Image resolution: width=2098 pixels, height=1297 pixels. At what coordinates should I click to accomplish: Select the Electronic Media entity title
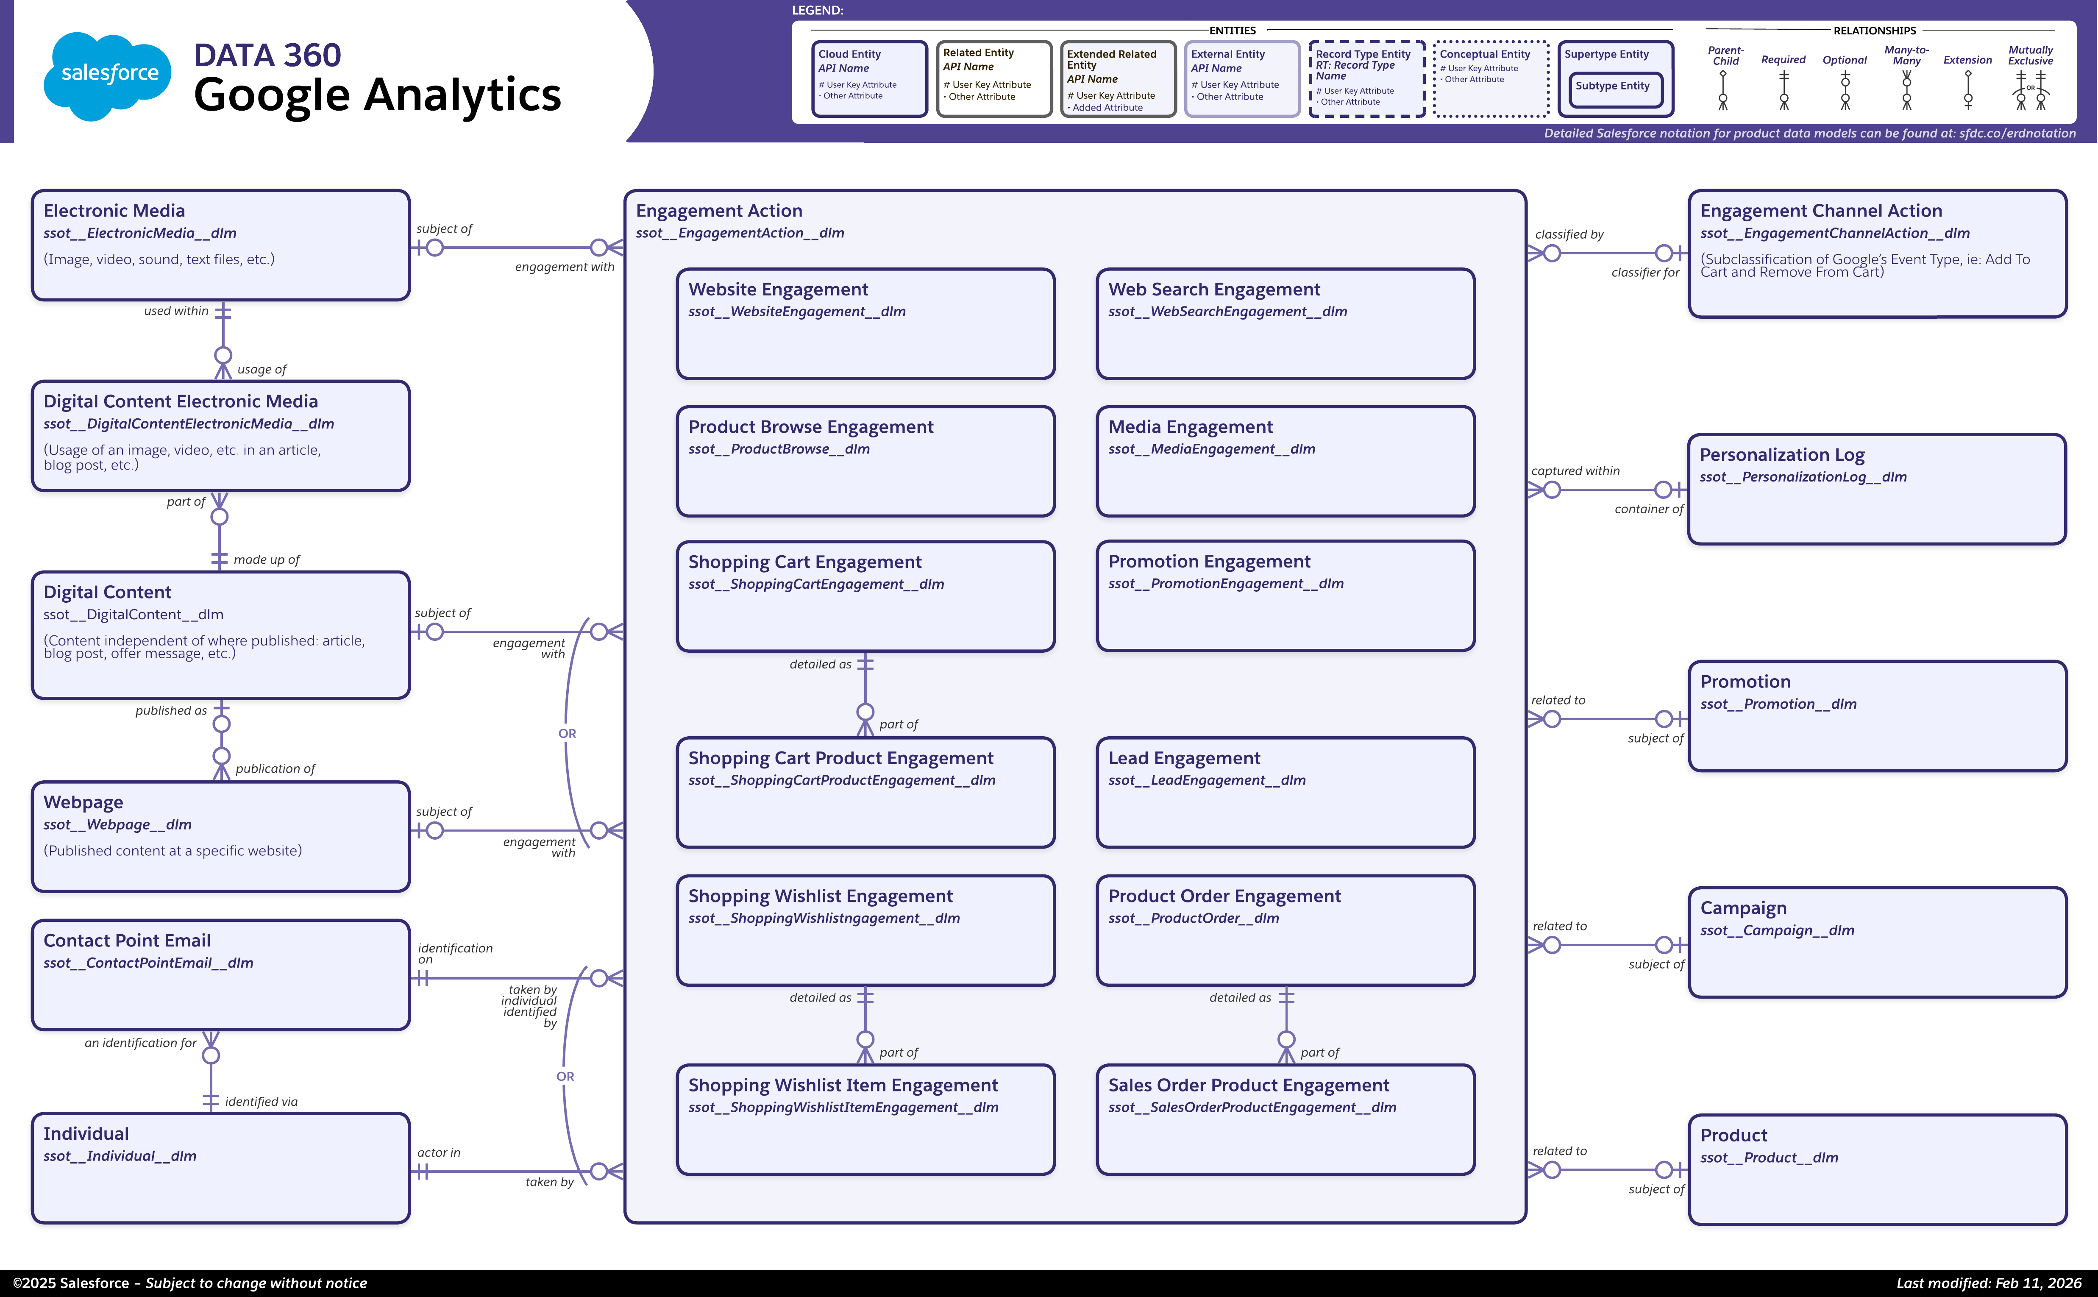(x=114, y=211)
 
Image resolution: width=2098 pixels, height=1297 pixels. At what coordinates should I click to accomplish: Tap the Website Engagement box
(x=865, y=324)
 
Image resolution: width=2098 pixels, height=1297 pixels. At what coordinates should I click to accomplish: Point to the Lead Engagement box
(x=1285, y=793)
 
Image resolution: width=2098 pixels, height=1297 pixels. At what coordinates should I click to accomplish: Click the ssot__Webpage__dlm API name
(x=117, y=824)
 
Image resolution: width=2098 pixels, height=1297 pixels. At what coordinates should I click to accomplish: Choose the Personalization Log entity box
(x=1877, y=489)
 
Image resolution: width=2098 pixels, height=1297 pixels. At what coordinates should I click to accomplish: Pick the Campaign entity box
(x=1877, y=942)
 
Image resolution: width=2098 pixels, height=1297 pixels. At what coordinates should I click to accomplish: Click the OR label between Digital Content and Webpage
(x=567, y=733)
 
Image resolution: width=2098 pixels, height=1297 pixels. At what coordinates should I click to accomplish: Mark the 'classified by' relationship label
(x=1569, y=234)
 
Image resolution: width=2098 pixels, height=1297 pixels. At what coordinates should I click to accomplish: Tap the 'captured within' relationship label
(x=1575, y=471)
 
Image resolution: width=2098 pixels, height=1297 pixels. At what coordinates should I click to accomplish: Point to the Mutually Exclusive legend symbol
(x=2030, y=89)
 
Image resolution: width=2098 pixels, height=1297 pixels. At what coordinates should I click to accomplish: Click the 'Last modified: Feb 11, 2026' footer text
(x=1988, y=1283)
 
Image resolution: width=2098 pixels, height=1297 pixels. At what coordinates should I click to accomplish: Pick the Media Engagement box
(x=1285, y=462)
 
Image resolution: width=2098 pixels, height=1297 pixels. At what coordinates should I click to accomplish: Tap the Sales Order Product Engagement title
(x=1248, y=1085)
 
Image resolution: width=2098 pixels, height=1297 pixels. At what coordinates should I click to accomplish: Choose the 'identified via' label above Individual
(x=261, y=1102)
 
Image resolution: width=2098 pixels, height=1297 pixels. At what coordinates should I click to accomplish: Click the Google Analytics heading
(x=377, y=95)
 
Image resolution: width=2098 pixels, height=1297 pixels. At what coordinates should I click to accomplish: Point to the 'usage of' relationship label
(x=262, y=370)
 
